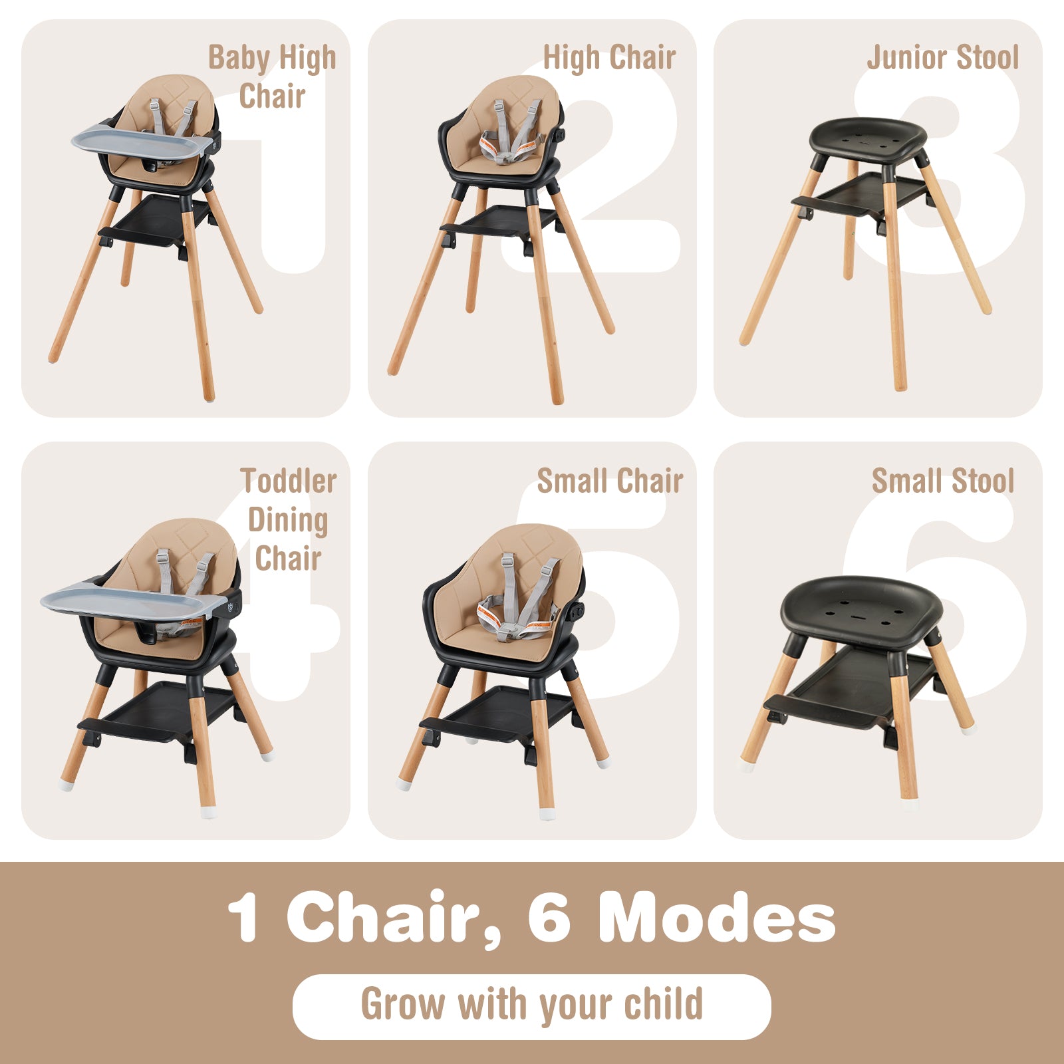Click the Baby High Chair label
273,76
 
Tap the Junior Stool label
942,57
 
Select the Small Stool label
942,481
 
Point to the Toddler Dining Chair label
288,519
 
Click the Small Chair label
610,481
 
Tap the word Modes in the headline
716,918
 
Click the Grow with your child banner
531,1005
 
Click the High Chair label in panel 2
609,57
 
